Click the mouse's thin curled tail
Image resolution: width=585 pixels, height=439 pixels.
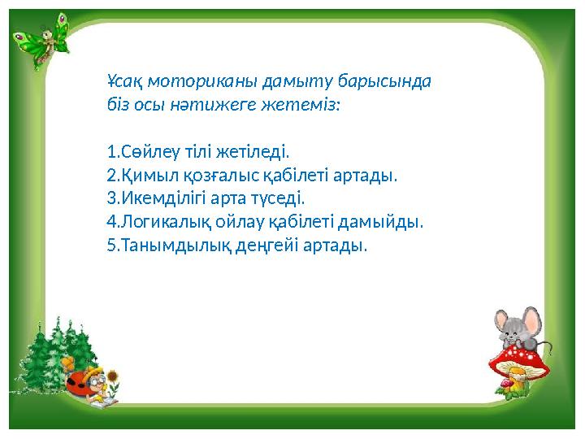[549, 346]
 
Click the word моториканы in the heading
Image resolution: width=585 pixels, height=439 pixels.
[189, 81]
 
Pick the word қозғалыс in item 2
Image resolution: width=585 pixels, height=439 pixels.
[209, 175]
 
